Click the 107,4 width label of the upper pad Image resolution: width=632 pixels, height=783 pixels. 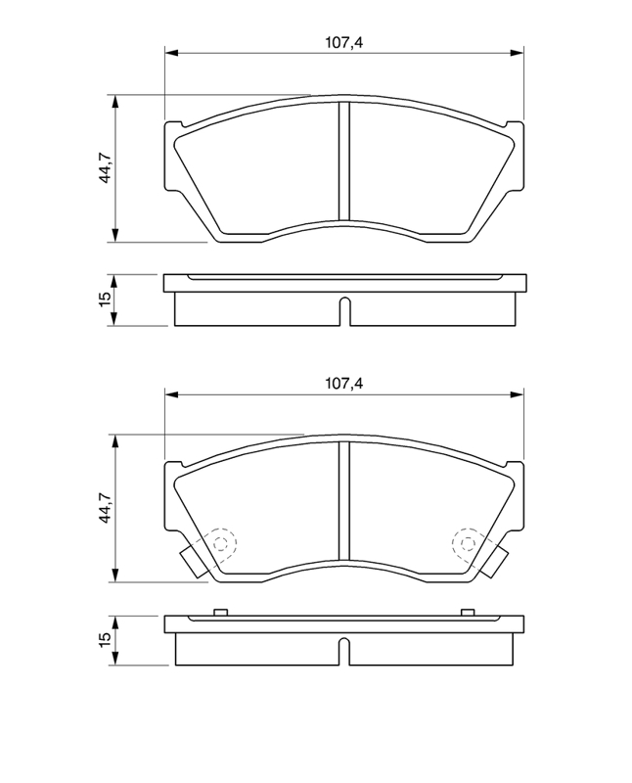coord(344,42)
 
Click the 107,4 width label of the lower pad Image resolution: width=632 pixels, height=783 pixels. coord(344,384)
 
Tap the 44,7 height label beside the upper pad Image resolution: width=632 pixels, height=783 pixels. coord(106,167)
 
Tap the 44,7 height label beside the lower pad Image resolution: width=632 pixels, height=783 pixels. coord(106,507)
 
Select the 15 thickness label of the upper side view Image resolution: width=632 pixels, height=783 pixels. coord(106,299)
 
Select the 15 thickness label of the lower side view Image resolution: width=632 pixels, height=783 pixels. coord(106,640)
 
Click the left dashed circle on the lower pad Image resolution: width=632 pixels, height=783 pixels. coord(220,543)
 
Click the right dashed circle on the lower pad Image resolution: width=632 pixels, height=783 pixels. coord(469,543)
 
